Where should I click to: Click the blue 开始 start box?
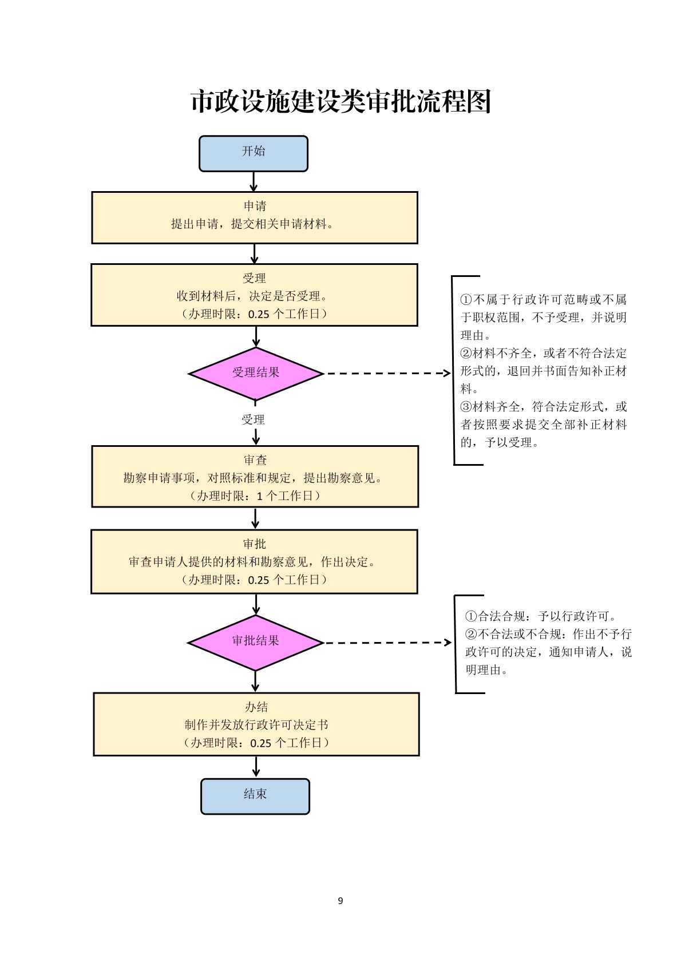[253, 153]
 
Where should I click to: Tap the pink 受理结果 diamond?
[256, 373]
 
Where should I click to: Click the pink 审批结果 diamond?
[255, 643]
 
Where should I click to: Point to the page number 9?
[340, 901]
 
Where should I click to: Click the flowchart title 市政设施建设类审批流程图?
[341, 102]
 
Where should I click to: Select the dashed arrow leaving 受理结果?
[389, 373]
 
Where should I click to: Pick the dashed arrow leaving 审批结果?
[388, 643]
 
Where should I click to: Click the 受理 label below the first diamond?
[253, 419]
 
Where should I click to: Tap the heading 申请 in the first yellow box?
[255, 206]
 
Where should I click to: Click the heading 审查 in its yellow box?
[255, 460]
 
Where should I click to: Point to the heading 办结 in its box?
[256, 707]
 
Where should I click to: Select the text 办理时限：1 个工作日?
[255, 496]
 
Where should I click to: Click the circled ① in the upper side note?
[466, 299]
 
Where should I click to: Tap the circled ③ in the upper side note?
[466, 406]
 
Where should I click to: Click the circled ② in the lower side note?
[471, 633]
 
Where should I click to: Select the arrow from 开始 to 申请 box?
[254, 182]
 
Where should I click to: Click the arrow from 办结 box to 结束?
[256, 767]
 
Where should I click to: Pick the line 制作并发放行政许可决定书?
[256, 725]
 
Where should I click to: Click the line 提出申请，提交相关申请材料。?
[252, 224]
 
